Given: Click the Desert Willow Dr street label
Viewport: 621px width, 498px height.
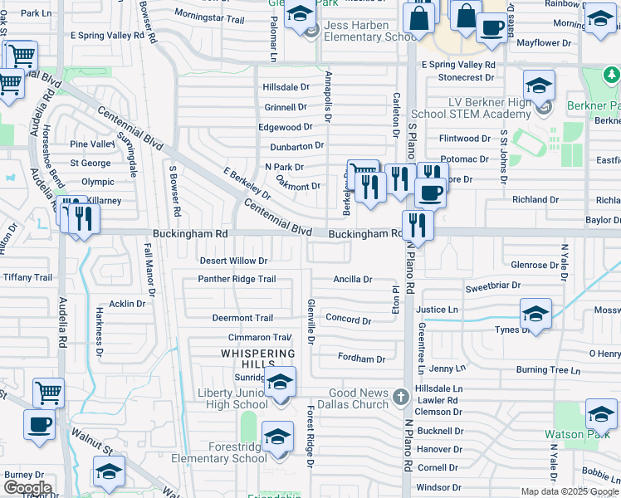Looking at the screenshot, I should pos(233,261).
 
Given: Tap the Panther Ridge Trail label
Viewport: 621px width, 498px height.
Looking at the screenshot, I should pos(237,279).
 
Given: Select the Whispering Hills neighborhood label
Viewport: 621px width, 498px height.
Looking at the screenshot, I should pos(257,359).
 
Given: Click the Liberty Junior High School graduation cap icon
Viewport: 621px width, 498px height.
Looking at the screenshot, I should pos(281,383).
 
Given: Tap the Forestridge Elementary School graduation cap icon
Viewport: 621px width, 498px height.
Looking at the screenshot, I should pos(277,436).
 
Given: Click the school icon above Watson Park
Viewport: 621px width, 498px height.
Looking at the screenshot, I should pos(600,413).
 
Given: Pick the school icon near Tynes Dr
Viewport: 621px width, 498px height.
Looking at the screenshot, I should pos(535,314).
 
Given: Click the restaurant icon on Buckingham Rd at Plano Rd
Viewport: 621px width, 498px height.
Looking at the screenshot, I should pos(417,225).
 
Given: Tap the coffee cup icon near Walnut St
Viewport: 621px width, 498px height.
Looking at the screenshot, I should pos(39,425).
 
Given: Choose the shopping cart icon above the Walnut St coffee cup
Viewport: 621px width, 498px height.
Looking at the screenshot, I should pos(49,393).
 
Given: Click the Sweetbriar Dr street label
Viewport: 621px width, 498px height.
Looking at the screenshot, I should pos(492,285).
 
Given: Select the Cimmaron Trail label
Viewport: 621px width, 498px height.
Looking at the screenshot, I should pos(260,338).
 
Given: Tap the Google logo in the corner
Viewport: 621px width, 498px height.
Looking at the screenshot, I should pos(27,488).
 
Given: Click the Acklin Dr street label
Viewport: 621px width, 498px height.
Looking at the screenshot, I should pos(127,304).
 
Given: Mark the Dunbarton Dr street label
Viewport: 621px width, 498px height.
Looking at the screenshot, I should pos(296,146).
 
